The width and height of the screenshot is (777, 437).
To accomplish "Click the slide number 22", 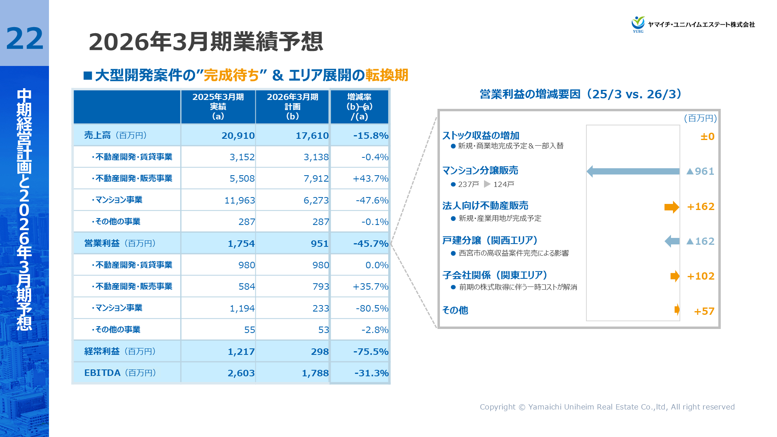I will (x=24, y=39).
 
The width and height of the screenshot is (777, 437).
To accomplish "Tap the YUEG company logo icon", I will (x=638, y=24).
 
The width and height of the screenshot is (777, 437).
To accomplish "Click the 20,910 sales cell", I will (x=238, y=136).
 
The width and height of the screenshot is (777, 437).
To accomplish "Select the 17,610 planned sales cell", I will (x=312, y=136).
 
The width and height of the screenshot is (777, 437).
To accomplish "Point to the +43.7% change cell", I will (x=370, y=178).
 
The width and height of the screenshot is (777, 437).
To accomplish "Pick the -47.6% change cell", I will (x=372, y=200).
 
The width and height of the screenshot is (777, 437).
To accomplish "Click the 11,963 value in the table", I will (x=240, y=200).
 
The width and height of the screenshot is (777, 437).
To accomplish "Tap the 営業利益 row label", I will (x=102, y=243).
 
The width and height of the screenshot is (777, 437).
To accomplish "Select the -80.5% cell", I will (x=372, y=308).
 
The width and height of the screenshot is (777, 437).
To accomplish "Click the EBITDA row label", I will (x=102, y=373).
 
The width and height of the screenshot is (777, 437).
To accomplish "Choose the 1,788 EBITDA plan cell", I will (x=315, y=373).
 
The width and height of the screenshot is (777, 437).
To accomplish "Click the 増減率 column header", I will (x=359, y=106).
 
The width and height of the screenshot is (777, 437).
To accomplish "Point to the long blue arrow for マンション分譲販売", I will (x=633, y=171).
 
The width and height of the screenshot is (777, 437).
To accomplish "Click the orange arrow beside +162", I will (x=671, y=207).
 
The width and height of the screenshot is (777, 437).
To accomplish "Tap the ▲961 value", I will (x=701, y=171).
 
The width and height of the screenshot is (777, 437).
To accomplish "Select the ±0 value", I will (x=707, y=137).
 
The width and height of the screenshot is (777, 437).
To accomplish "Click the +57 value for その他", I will (x=704, y=311).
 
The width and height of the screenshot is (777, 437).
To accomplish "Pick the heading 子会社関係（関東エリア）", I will (x=495, y=275).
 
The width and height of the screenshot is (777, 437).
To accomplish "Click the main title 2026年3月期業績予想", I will (x=206, y=42).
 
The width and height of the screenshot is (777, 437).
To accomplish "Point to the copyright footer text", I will (x=607, y=407).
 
